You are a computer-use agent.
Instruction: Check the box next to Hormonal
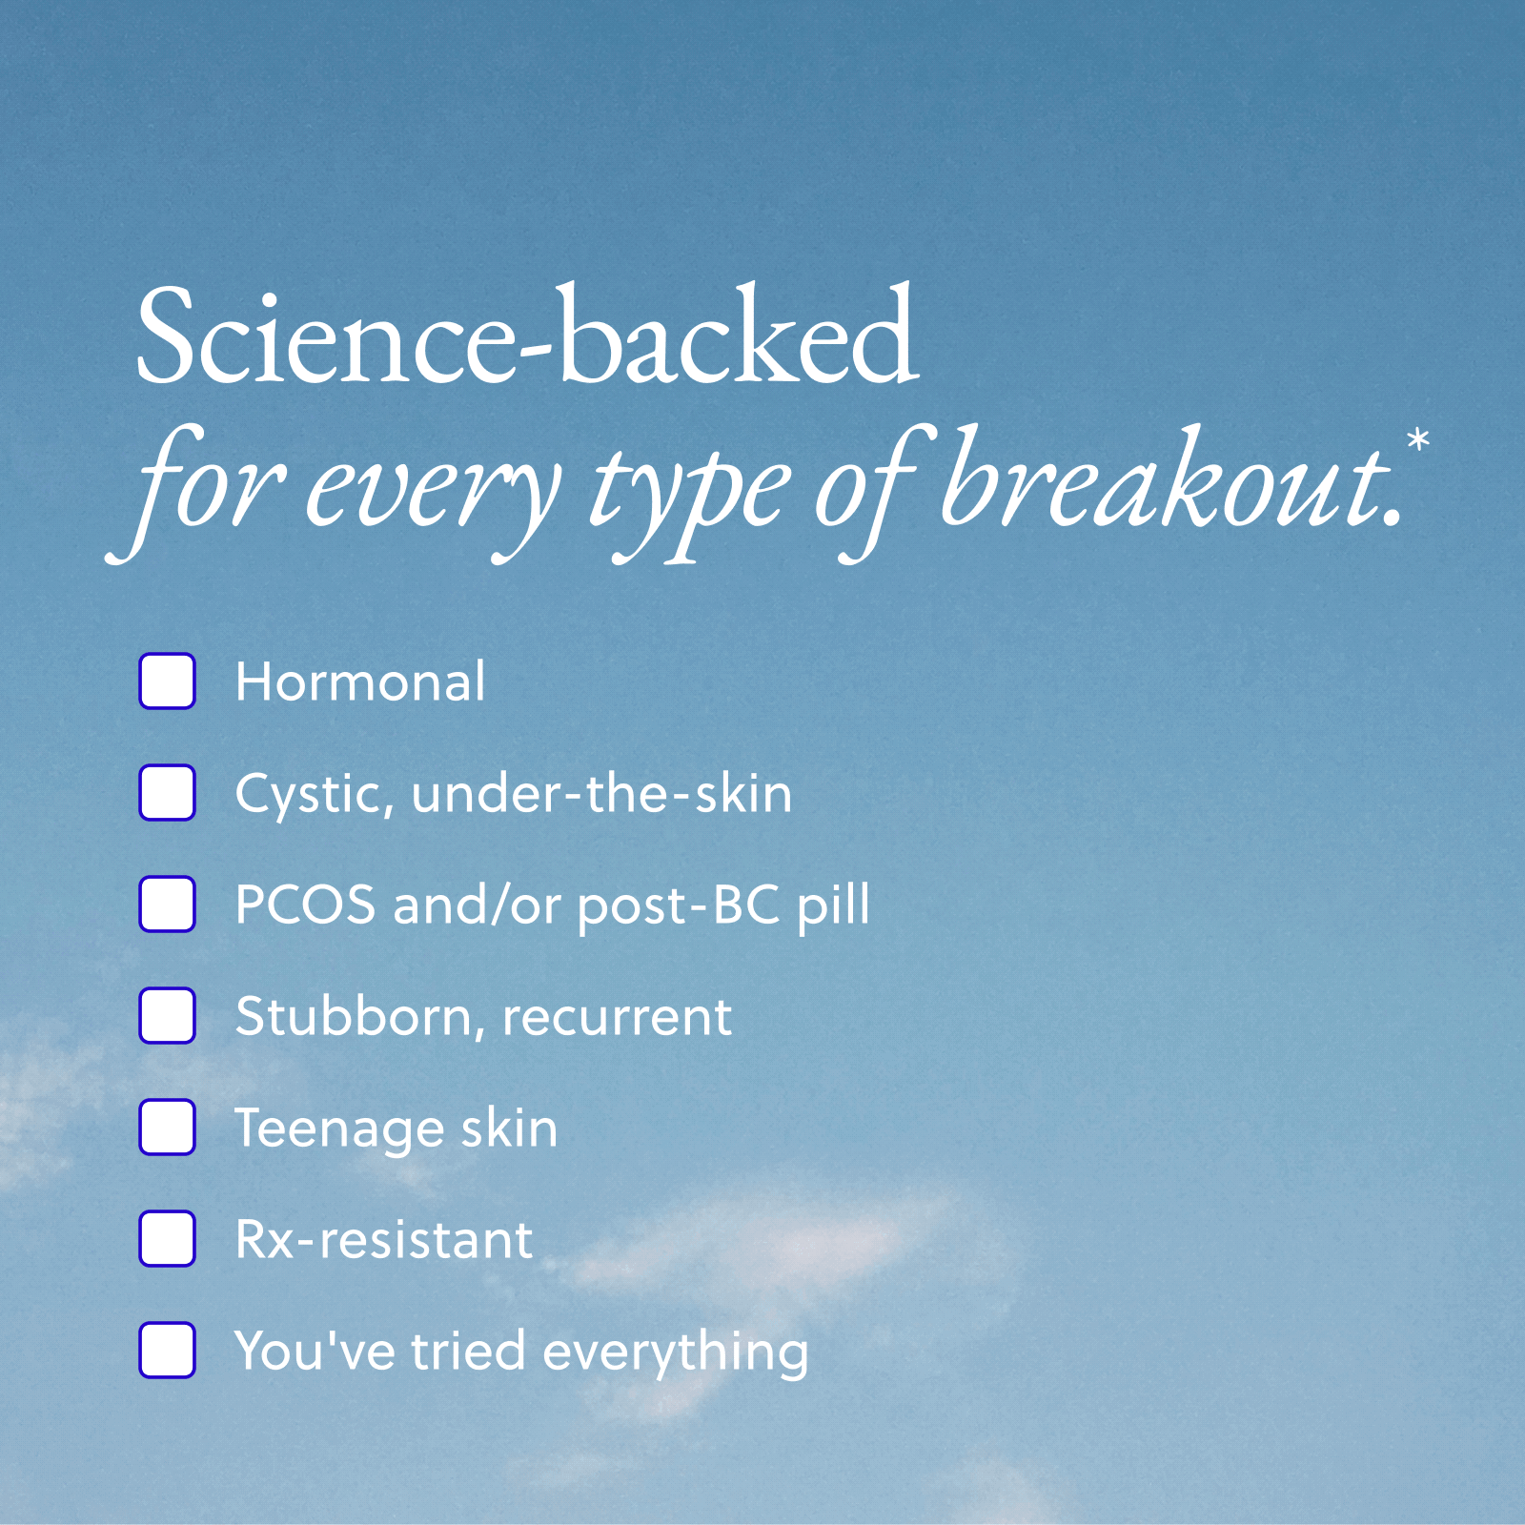(x=168, y=681)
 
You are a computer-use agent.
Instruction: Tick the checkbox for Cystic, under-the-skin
(x=168, y=792)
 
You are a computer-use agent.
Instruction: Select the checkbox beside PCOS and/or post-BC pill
(x=168, y=904)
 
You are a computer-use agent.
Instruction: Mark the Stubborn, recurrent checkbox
(x=168, y=1015)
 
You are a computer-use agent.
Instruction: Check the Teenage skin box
(x=168, y=1127)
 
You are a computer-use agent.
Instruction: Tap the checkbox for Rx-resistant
(x=168, y=1238)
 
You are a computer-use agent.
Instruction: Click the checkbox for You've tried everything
(x=168, y=1350)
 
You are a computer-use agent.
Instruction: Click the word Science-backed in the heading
(x=528, y=335)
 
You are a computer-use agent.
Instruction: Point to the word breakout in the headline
(x=1171, y=477)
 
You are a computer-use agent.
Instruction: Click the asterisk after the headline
(x=1418, y=440)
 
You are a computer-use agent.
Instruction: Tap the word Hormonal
(x=360, y=681)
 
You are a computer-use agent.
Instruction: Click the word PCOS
(x=305, y=905)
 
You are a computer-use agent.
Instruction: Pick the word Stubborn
(x=354, y=1017)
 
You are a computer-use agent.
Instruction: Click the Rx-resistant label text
(x=384, y=1240)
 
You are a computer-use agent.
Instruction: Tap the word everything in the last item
(x=676, y=1354)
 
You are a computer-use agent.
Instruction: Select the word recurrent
(x=618, y=1018)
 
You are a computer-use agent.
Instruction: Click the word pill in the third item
(x=834, y=905)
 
